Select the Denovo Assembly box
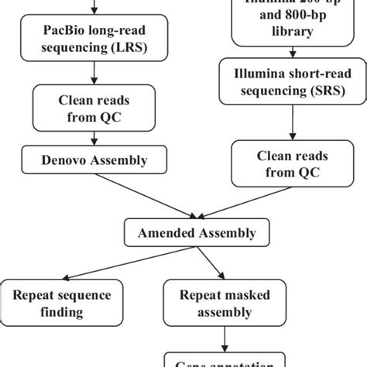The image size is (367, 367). click(x=95, y=161)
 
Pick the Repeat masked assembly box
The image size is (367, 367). click(x=225, y=303)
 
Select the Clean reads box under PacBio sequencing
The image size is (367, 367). click(x=95, y=108)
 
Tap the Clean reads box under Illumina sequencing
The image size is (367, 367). click(x=290, y=163)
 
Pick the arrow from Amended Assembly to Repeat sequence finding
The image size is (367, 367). click(x=117, y=264)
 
